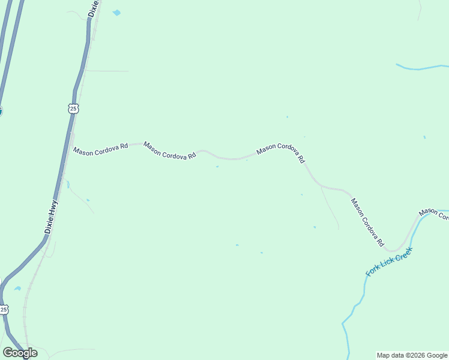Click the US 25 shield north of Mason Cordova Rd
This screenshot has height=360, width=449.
73,108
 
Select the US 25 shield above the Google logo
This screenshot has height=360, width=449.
4,310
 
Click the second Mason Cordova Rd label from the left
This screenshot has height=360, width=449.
170,150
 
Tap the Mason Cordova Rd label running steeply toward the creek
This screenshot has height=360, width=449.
367,223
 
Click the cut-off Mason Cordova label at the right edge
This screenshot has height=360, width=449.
433,214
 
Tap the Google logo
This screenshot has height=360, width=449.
20,352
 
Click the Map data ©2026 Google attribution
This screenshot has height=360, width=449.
412,355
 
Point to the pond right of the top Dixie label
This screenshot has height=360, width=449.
116,13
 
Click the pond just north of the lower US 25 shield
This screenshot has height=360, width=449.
17,289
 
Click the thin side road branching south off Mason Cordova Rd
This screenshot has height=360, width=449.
330,208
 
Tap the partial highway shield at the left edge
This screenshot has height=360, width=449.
1,110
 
